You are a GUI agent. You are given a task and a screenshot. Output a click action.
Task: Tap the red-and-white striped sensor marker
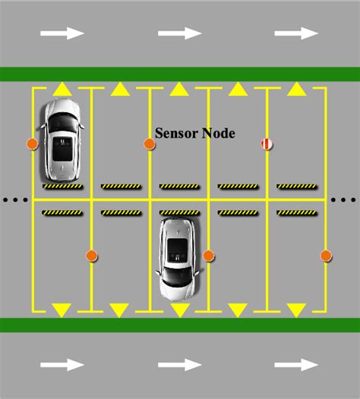267,143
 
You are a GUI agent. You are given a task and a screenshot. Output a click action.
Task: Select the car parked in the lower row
179,257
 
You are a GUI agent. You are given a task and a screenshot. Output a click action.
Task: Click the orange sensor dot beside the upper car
32,143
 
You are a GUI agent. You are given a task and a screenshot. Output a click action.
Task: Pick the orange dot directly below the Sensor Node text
150,143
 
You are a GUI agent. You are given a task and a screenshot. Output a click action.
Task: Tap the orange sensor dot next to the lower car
208,256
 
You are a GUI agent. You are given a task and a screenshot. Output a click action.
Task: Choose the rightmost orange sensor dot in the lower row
326,256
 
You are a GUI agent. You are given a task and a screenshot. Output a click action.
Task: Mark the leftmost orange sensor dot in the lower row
91,256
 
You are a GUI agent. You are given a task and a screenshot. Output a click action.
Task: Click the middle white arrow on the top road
179,33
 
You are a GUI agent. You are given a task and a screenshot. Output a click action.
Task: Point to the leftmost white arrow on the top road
62,33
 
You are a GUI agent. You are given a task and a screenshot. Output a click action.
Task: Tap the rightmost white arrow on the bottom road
296,365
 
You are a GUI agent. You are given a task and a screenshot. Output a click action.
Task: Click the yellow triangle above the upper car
62,90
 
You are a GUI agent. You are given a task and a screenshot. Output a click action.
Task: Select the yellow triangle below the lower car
179,309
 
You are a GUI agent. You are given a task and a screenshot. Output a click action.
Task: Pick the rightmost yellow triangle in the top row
295,90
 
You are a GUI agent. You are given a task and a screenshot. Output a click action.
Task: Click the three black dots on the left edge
14,200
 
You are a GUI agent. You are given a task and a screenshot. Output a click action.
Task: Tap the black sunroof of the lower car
178,247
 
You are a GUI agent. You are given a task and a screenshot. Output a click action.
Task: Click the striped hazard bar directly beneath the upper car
62,186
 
